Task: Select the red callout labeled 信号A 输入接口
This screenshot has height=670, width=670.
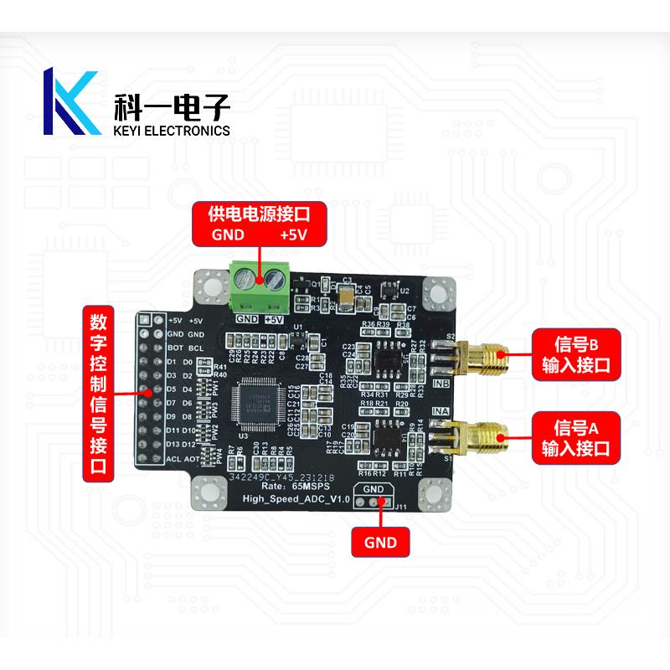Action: (x=575, y=435)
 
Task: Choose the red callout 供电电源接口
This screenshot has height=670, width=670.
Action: (x=260, y=224)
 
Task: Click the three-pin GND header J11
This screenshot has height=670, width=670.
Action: (x=374, y=502)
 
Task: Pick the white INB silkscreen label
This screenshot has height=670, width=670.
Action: (x=441, y=384)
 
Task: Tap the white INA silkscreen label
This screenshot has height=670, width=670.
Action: (x=441, y=411)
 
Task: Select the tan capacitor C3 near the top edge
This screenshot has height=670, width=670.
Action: (x=344, y=293)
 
